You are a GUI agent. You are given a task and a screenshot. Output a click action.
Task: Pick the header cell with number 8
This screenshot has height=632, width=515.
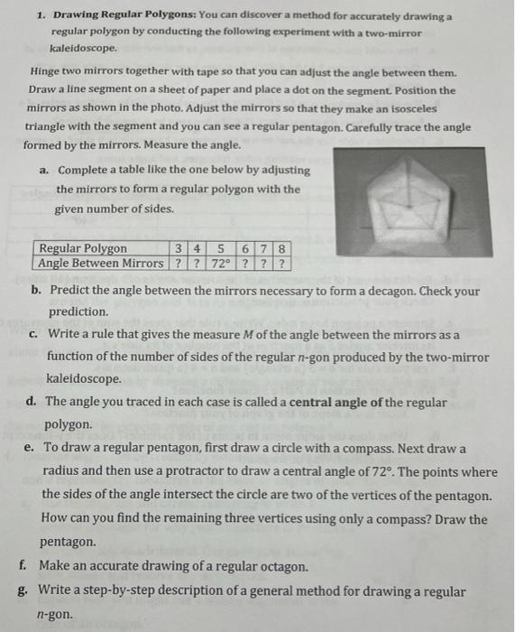coord(282,249)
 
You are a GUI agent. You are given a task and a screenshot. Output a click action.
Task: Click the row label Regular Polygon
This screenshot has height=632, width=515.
coord(84,249)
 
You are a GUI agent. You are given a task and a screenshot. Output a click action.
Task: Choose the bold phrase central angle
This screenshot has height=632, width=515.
coord(339,402)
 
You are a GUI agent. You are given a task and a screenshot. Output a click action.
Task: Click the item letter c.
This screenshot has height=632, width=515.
coord(32,335)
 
